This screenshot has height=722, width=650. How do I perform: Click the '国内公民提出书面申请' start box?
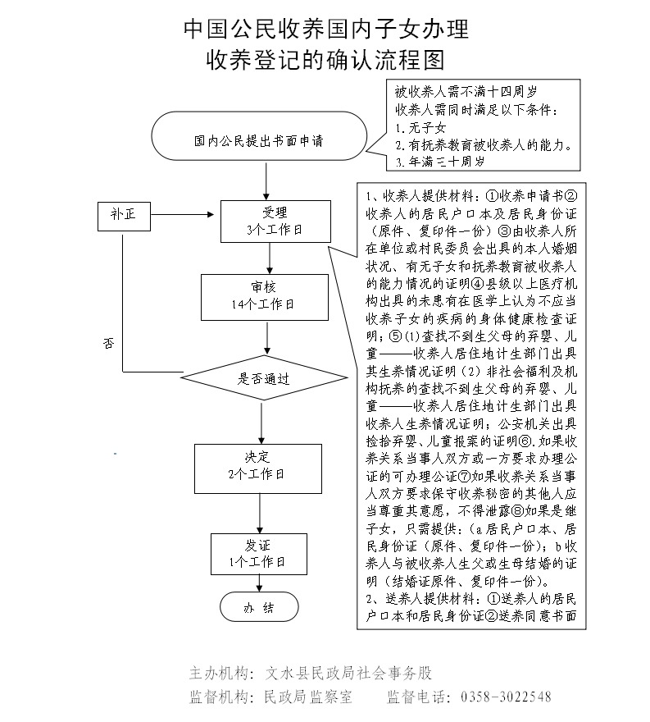(x=259, y=140)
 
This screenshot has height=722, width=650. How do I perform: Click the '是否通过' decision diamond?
(x=262, y=379)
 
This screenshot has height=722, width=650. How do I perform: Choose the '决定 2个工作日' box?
(x=256, y=465)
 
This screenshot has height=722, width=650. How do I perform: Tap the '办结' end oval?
(x=259, y=608)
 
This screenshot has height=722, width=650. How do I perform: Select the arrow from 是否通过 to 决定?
(x=261, y=423)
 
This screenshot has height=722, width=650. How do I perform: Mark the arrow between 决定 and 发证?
(x=259, y=510)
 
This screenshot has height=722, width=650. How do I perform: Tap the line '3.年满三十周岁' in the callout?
(x=439, y=162)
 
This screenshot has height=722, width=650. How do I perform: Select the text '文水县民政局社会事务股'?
(x=349, y=674)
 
